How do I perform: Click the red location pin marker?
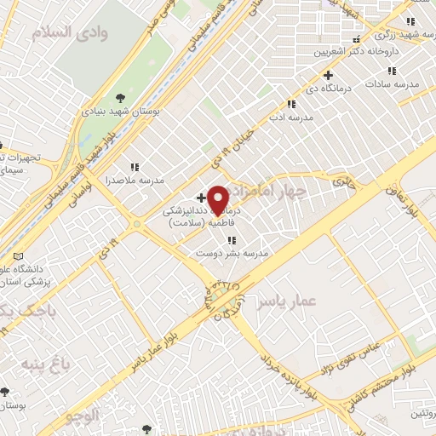point(219,201)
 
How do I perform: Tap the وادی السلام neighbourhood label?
point(70,32)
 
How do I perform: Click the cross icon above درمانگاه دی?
point(328,75)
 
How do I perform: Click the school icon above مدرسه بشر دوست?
point(232,240)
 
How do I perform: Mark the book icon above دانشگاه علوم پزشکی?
point(19,256)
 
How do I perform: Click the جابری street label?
point(342,181)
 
